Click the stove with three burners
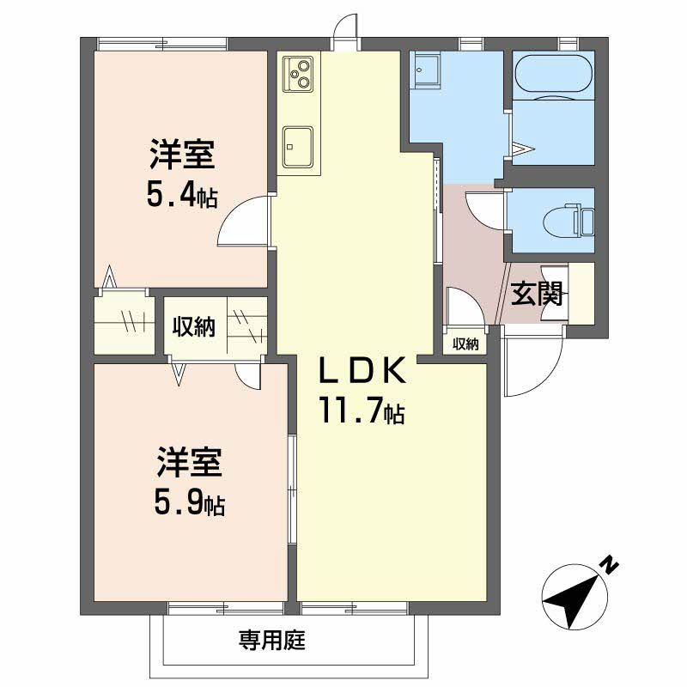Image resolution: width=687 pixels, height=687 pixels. [298, 74]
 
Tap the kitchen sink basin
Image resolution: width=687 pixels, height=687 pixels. [298, 147]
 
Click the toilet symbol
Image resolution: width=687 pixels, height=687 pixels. [568, 220]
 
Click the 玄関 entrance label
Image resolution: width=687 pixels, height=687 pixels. [537, 293]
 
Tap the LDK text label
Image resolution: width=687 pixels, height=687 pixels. [362, 371]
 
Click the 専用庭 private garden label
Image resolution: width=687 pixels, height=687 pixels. [272, 640]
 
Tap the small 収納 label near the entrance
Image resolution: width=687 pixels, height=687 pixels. [465, 344]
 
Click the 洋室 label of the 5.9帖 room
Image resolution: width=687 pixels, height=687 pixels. [190, 462]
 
